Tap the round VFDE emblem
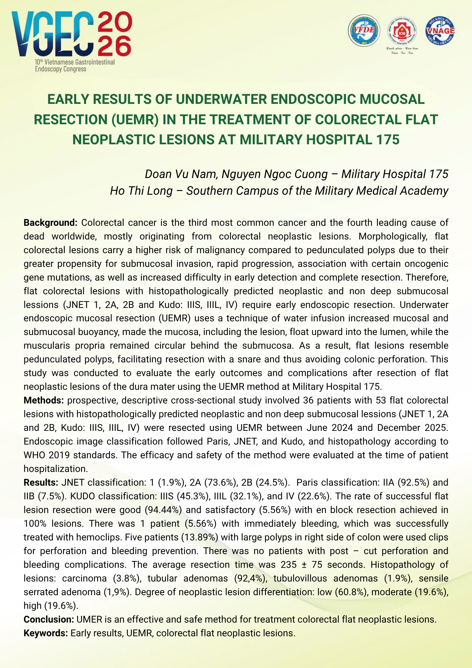coord(364,31)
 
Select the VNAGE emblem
coord(440,31)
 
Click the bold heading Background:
coord(50,222)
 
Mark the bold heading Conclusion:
coord(49,619)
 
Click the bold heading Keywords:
coord(46,633)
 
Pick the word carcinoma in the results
coord(84,578)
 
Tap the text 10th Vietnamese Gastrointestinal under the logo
coord(75,62)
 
